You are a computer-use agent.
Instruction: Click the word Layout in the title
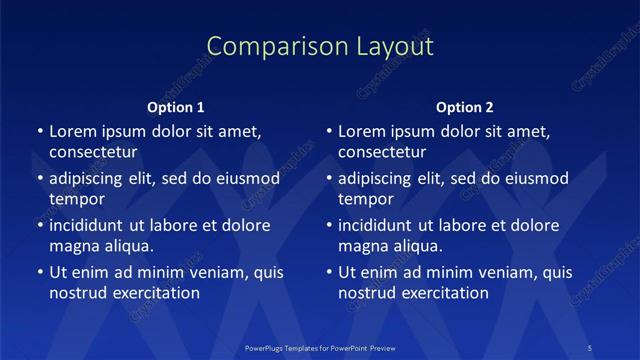389,46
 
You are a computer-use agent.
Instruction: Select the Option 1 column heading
176,107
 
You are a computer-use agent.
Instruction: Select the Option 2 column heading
465,107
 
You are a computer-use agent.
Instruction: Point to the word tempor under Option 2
366,199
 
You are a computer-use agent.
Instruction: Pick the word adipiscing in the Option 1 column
91,178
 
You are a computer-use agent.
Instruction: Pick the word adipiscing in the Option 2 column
381,178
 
